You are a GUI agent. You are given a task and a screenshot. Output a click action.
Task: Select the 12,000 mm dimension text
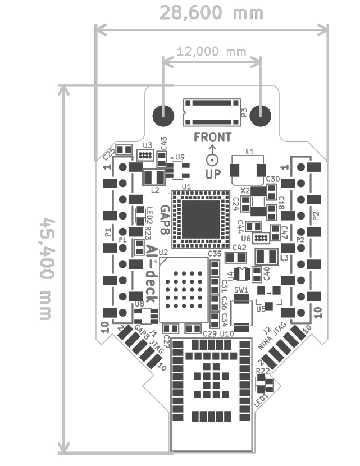(x=212, y=52)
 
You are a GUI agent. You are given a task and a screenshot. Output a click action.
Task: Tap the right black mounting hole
(x=260, y=115)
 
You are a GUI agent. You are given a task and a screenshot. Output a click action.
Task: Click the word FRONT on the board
(x=212, y=137)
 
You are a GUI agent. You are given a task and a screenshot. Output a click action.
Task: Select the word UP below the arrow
(x=212, y=175)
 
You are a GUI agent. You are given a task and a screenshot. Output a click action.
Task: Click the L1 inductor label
(x=250, y=152)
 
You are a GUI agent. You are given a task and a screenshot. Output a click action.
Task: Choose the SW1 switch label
(x=241, y=291)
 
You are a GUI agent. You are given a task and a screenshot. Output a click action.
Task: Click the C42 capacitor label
(x=239, y=247)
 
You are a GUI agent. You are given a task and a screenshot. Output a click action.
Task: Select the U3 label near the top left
(x=147, y=145)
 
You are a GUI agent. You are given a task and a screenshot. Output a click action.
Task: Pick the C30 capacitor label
(x=273, y=179)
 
